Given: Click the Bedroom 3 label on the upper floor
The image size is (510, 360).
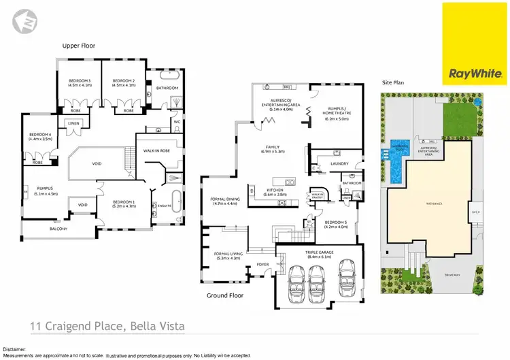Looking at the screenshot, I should point(80,81).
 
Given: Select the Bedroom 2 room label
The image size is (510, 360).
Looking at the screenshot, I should point(123,81).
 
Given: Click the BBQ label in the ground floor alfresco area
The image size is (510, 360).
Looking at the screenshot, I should point(287,87).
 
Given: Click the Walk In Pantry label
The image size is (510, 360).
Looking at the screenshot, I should point(317,195).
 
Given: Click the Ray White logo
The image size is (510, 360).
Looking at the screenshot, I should point(475,43).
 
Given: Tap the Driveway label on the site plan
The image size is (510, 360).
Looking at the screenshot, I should point(452,276).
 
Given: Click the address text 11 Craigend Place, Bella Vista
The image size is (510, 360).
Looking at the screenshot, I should point(107,327).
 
